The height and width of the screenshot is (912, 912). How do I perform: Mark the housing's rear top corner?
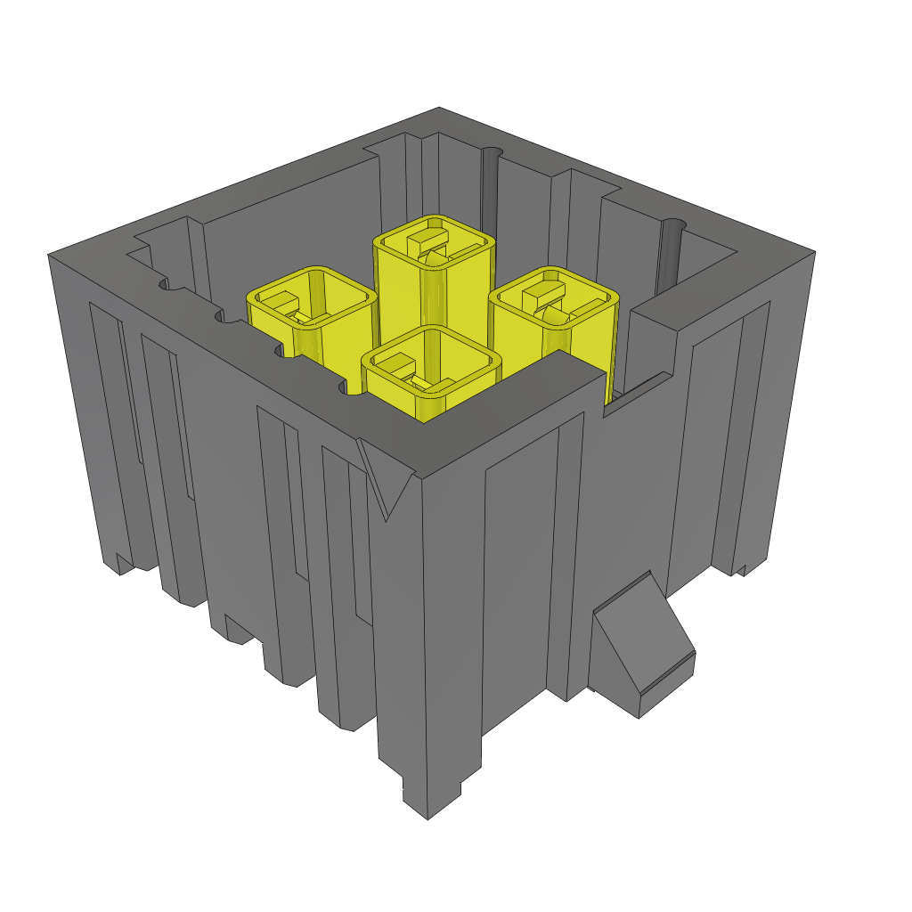click(440, 110)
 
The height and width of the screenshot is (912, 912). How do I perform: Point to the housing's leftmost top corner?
click(50, 256)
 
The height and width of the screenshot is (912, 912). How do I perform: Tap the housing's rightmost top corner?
click(813, 253)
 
